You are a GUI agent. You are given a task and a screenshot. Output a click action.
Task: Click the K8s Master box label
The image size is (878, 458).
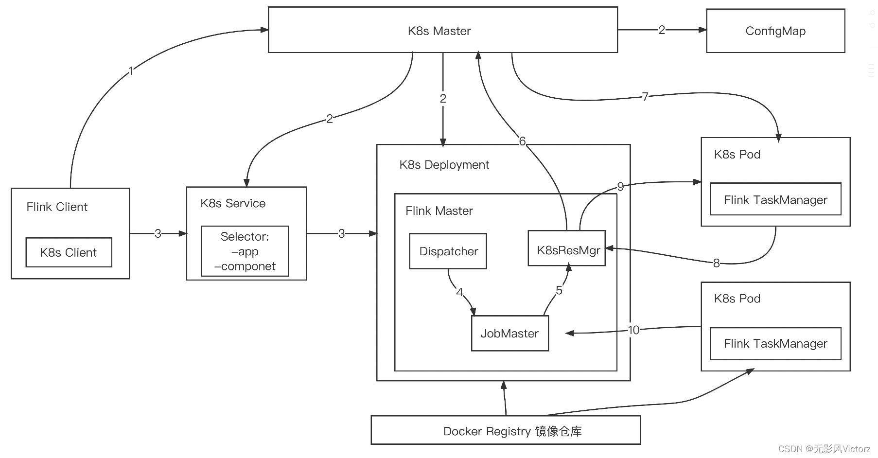[439, 31]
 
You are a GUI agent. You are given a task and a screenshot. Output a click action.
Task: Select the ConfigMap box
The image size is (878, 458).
[775, 31]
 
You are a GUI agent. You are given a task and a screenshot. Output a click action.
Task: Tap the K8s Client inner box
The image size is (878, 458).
[69, 252]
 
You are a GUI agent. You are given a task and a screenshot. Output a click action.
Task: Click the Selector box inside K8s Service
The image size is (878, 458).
[245, 251]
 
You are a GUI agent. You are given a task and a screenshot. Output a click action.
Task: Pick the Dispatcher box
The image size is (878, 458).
[448, 251]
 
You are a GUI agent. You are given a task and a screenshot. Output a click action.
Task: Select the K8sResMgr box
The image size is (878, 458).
[567, 250]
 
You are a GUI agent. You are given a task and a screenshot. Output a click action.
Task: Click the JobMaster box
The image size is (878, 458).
[509, 334]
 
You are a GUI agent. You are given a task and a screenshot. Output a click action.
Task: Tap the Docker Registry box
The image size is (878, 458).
[506, 431]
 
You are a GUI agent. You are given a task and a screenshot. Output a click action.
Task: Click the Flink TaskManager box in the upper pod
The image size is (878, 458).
[775, 199]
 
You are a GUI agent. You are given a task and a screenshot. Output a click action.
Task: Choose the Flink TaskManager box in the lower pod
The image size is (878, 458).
[775, 344]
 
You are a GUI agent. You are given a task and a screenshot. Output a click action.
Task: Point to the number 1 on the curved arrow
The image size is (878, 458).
[131, 71]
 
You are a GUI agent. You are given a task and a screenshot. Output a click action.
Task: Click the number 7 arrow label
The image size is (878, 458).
[645, 97]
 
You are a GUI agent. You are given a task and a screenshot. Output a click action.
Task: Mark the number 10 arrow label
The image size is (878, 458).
[633, 330]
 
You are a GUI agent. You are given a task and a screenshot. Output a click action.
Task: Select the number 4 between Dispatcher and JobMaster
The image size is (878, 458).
[459, 292]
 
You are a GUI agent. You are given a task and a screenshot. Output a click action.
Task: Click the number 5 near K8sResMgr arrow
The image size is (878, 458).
[559, 290]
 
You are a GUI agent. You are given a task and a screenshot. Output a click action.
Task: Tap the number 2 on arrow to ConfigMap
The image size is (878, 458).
[662, 30]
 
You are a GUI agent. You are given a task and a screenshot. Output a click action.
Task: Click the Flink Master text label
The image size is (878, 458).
[439, 211]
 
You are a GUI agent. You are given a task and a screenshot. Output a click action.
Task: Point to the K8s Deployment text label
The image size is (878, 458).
[444, 165]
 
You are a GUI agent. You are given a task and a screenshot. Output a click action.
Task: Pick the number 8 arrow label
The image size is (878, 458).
[716, 263]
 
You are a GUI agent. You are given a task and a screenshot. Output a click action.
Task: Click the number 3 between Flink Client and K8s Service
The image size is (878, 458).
[158, 234]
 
